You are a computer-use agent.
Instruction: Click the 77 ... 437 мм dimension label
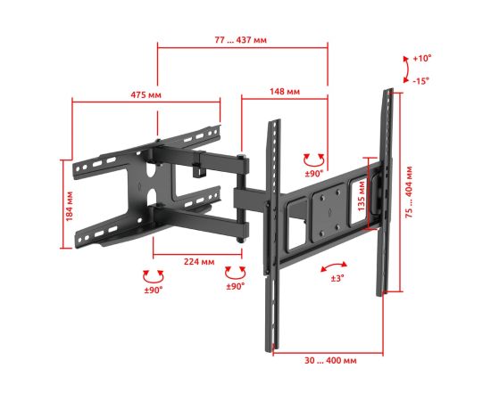click(240, 40)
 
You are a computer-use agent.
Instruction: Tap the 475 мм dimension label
click(146, 94)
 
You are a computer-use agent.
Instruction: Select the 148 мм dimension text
click(285, 91)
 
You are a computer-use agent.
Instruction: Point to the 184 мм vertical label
click(70, 206)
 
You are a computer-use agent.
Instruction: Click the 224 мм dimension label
click(199, 261)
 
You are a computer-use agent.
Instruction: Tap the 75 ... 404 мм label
click(409, 192)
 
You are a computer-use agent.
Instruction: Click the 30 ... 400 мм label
click(330, 360)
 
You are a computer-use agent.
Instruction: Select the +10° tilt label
click(422, 59)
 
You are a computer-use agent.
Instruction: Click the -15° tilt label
click(420, 81)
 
